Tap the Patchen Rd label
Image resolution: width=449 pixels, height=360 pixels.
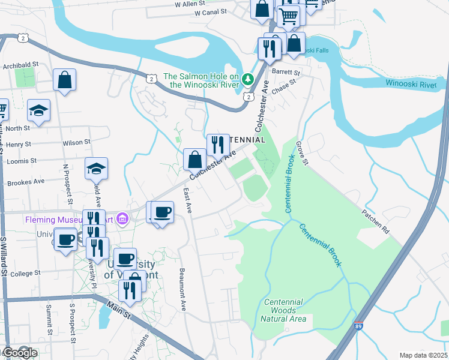pos(375,221)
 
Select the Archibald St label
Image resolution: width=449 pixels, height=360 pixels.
pos(20,65)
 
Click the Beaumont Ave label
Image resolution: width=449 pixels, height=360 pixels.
pos(183,289)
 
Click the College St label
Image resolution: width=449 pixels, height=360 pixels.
pos(25,274)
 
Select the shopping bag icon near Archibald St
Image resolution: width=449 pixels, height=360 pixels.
pos(65,80)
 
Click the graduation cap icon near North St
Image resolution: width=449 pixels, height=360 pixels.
pos(39,110)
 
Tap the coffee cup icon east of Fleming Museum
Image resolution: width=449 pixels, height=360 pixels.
pos(162,212)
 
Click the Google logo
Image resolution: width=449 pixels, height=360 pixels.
pos(20,353)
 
